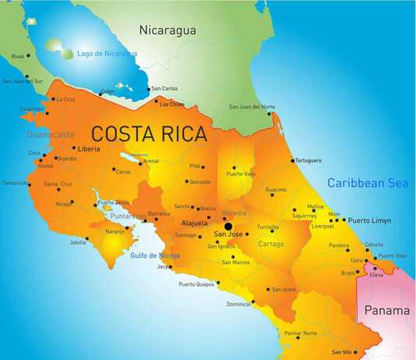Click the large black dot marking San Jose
(x=228, y=227)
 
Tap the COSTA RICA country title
(x=150, y=133)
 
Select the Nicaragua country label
(x=167, y=30)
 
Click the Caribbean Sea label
(x=367, y=183)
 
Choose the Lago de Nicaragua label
(x=107, y=54)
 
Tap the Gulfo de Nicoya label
(x=154, y=255)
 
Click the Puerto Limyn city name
(x=370, y=221)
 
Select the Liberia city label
(x=88, y=148)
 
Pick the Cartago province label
(x=271, y=243)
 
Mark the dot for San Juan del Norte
(x=270, y=114)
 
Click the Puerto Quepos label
(x=196, y=284)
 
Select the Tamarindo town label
(x=15, y=183)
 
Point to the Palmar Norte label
(x=300, y=334)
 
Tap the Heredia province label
(x=234, y=213)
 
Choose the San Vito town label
(x=343, y=352)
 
